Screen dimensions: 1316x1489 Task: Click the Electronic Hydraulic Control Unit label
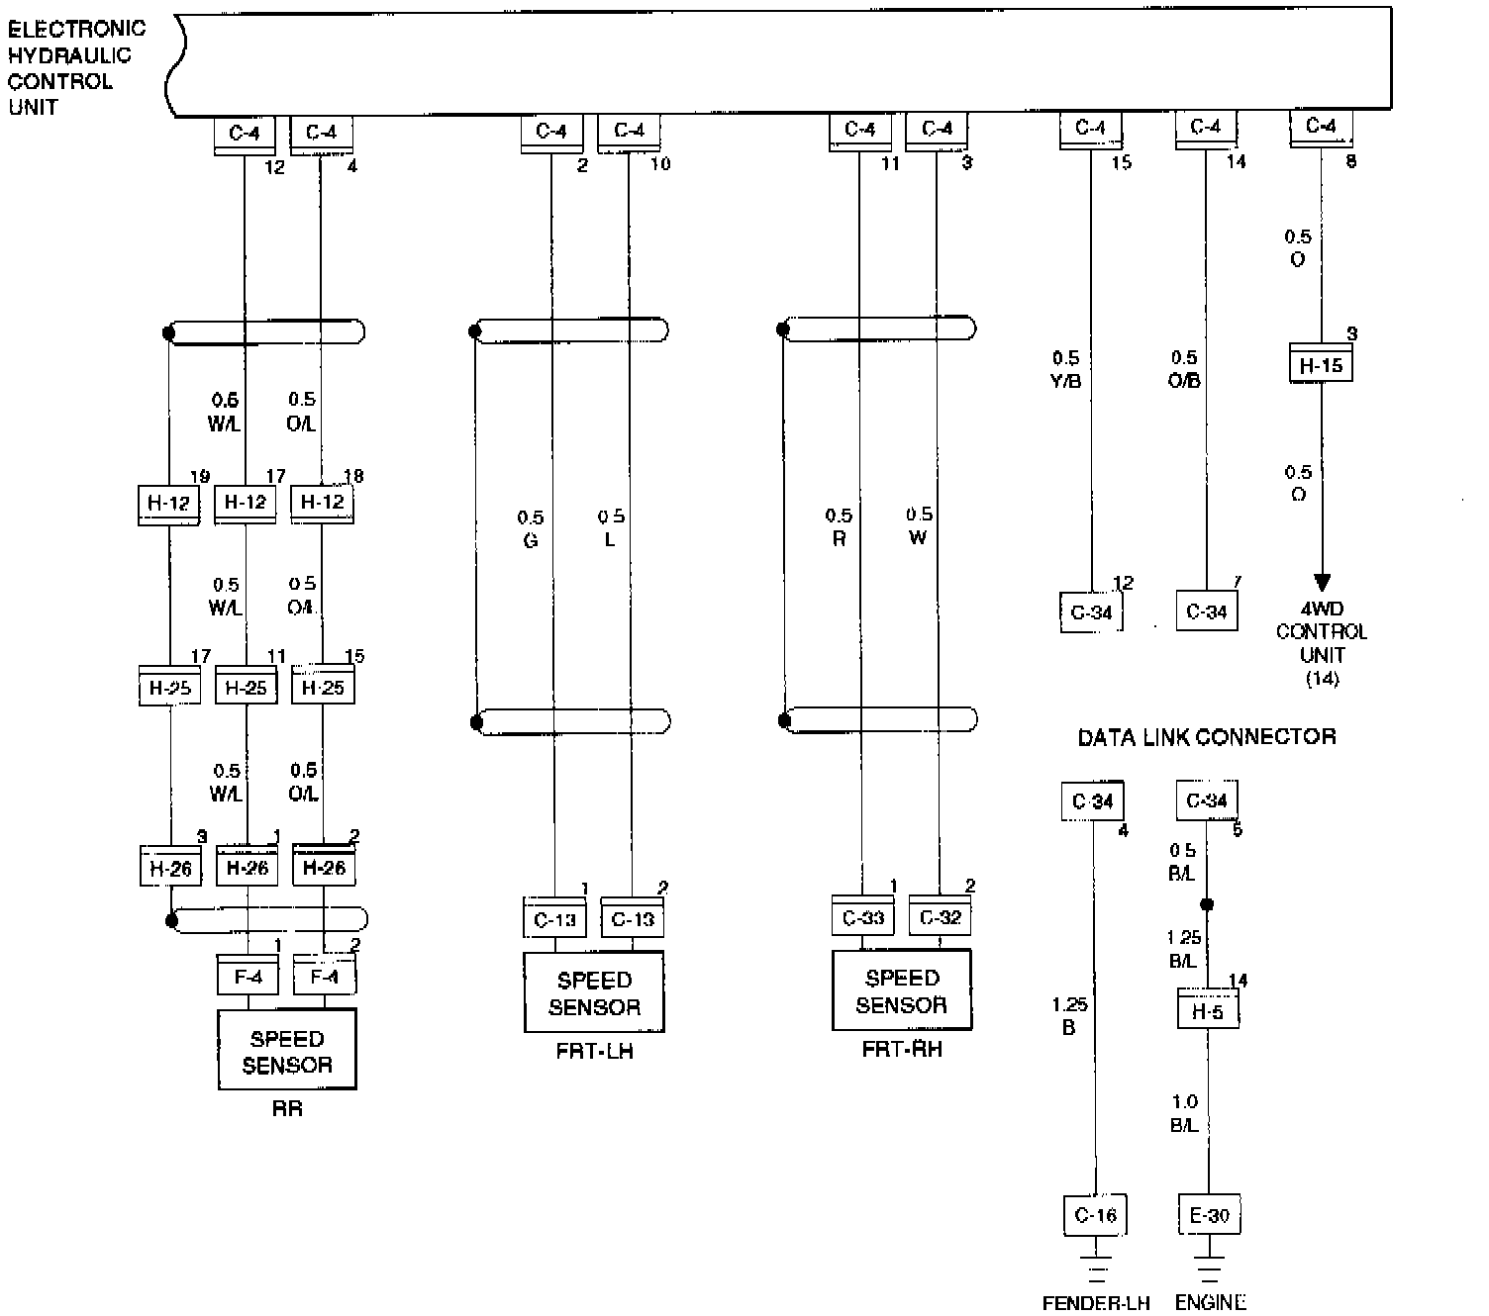pyautogui.click(x=75, y=67)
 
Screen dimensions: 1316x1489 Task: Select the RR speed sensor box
pyautogui.click(x=287, y=1051)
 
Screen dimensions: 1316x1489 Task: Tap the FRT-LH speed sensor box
pyautogui.click(x=594, y=993)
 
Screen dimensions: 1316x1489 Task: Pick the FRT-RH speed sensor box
pyautogui.click(x=902, y=990)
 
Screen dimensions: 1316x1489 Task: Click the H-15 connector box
pyautogui.click(x=1321, y=366)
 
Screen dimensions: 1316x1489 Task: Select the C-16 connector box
pyautogui.click(x=1095, y=1215)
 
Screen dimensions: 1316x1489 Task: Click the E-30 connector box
pyautogui.click(x=1209, y=1215)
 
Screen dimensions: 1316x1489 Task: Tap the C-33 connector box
pyautogui.click(x=862, y=918)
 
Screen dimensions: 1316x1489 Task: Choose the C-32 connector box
pyautogui.click(x=940, y=918)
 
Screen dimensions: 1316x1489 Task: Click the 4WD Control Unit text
pyautogui.click(x=1322, y=643)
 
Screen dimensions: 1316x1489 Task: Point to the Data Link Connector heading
pyautogui.click(x=1206, y=737)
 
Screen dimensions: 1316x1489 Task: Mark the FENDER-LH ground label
pyautogui.click(x=1096, y=1303)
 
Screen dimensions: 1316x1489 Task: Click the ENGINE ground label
pyautogui.click(x=1210, y=1303)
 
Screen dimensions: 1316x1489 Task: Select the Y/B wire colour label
pyautogui.click(x=1065, y=381)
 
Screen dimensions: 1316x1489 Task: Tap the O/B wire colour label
pyautogui.click(x=1185, y=381)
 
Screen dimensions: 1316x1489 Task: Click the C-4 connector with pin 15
pyautogui.click(x=1090, y=129)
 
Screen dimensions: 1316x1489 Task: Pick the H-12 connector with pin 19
pyautogui.click(x=168, y=504)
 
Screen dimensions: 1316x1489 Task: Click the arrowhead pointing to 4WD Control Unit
pyautogui.click(x=1322, y=583)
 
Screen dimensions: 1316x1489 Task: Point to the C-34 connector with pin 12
pyautogui.click(x=1091, y=612)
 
